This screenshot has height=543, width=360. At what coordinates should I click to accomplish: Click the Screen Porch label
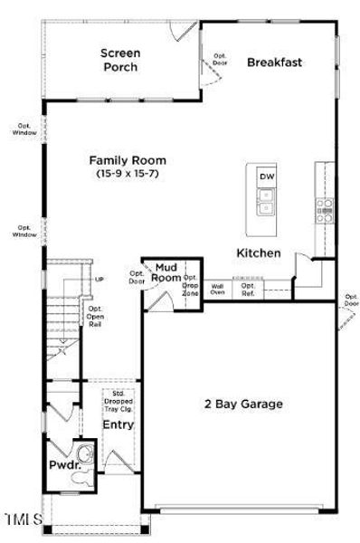pyautogui.click(x=119, y=59)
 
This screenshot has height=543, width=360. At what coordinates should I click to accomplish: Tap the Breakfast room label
pyautogui.click(x=273, y=62)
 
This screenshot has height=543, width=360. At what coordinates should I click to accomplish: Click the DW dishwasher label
pyautogui.click(x=266, y=176)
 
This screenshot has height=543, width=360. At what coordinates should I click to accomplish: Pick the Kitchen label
pyautogui.click(x=259, y=253)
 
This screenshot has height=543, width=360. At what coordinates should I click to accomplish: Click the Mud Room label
pyautogui.click(x=167, y=272)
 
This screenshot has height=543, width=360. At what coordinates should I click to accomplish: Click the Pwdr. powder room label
pyautogui.click(x=61, y=466)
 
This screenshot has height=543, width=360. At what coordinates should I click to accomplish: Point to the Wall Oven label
pyautogui.click(x=217, y=289)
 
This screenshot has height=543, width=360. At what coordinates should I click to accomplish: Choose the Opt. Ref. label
pyautogui.click(x=248, y=289)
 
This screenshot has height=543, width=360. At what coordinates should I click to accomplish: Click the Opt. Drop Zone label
pyautogui.click(x=191, y=285)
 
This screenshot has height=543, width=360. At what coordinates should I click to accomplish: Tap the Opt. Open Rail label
pyautogui.click(x=94, y=316)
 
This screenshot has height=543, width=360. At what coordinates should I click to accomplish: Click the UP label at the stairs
pyautogui.click(x=99, y=280)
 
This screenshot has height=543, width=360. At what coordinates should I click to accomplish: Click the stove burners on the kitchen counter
pyautogui.click(x=324, y=211)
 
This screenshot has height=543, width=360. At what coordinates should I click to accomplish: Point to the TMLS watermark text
pyautogui.click(x=23, y=519)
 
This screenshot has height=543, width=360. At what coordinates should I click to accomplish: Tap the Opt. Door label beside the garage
pyautogui.click(x=351, y=300)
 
